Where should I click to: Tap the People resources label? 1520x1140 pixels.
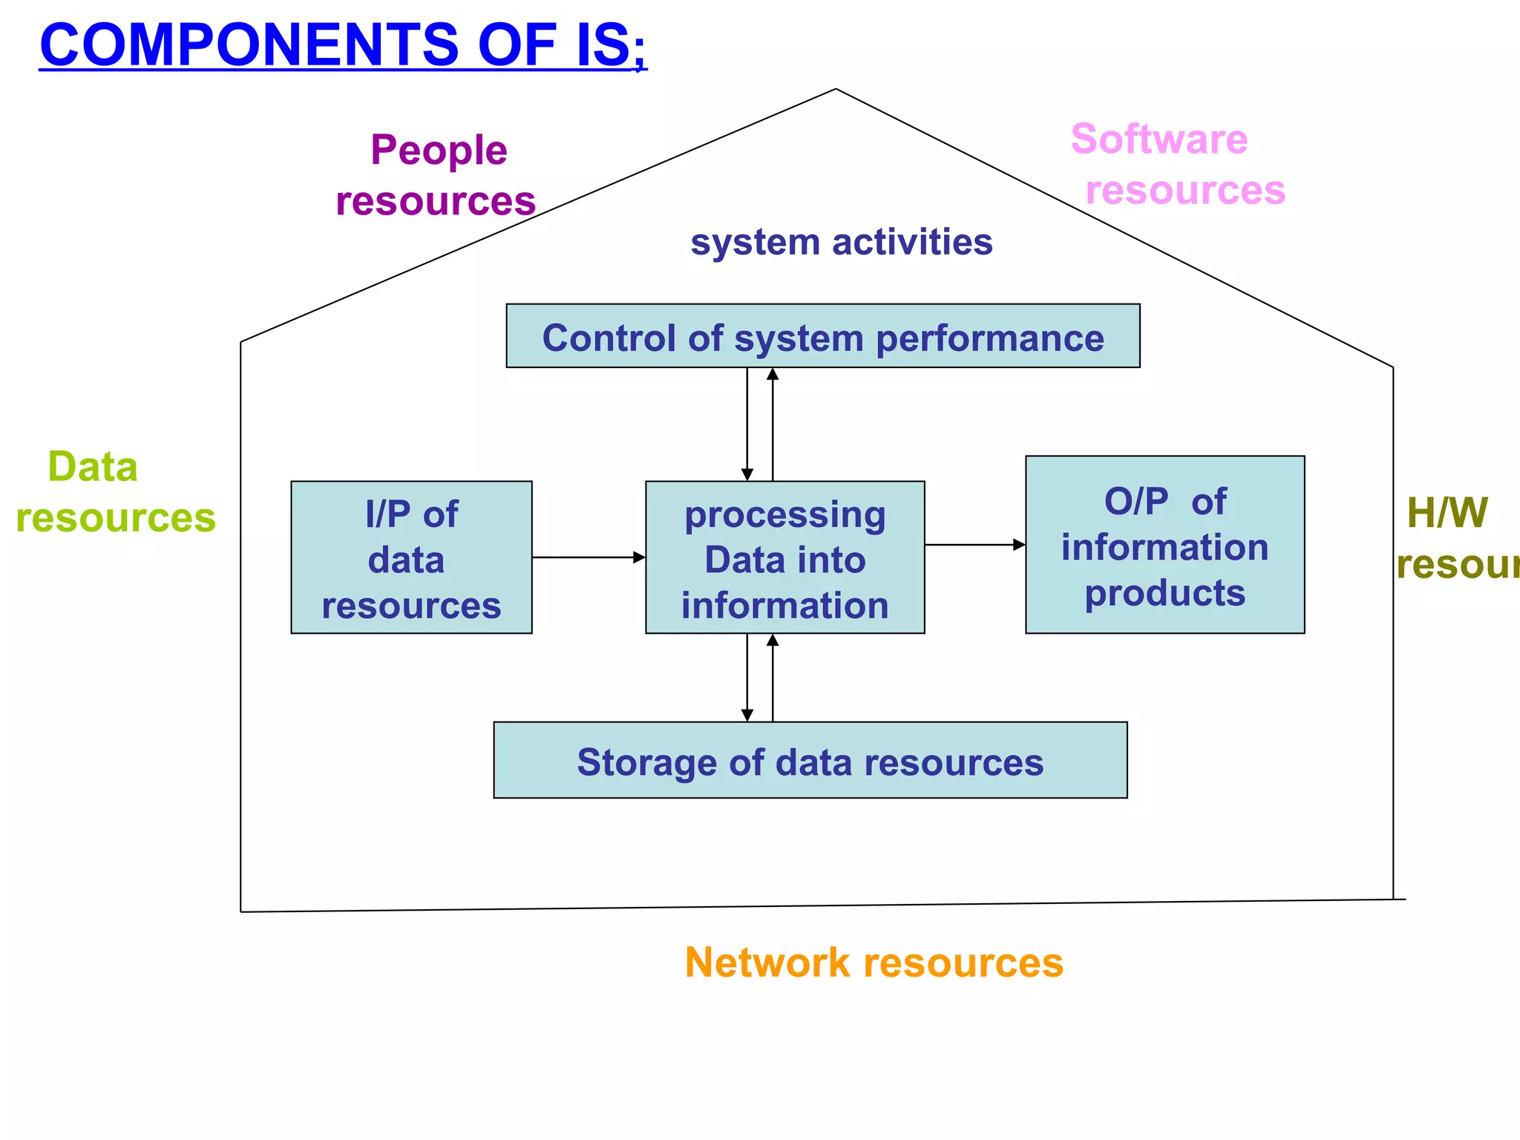(x=436, y=175)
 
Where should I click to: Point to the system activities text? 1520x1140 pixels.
(x=841, y=242)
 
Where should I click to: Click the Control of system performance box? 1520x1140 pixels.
(x=822, y=336)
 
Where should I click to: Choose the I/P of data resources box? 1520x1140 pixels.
(x=411, y=557)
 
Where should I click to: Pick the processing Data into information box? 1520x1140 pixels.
(x=784, y=557)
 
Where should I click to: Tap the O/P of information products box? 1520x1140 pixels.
(x=1164, y=545)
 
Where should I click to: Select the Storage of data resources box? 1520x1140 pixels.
(x=810, y=760)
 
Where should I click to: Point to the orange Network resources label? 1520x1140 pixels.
(x=874, y=963)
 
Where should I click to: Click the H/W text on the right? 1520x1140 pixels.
(x=1447, y=512)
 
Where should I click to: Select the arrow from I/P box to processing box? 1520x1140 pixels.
(x=589, y=557)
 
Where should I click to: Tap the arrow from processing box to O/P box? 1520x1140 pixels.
(x=974, y=545)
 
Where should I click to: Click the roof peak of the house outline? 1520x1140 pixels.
(x=836, y=90)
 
